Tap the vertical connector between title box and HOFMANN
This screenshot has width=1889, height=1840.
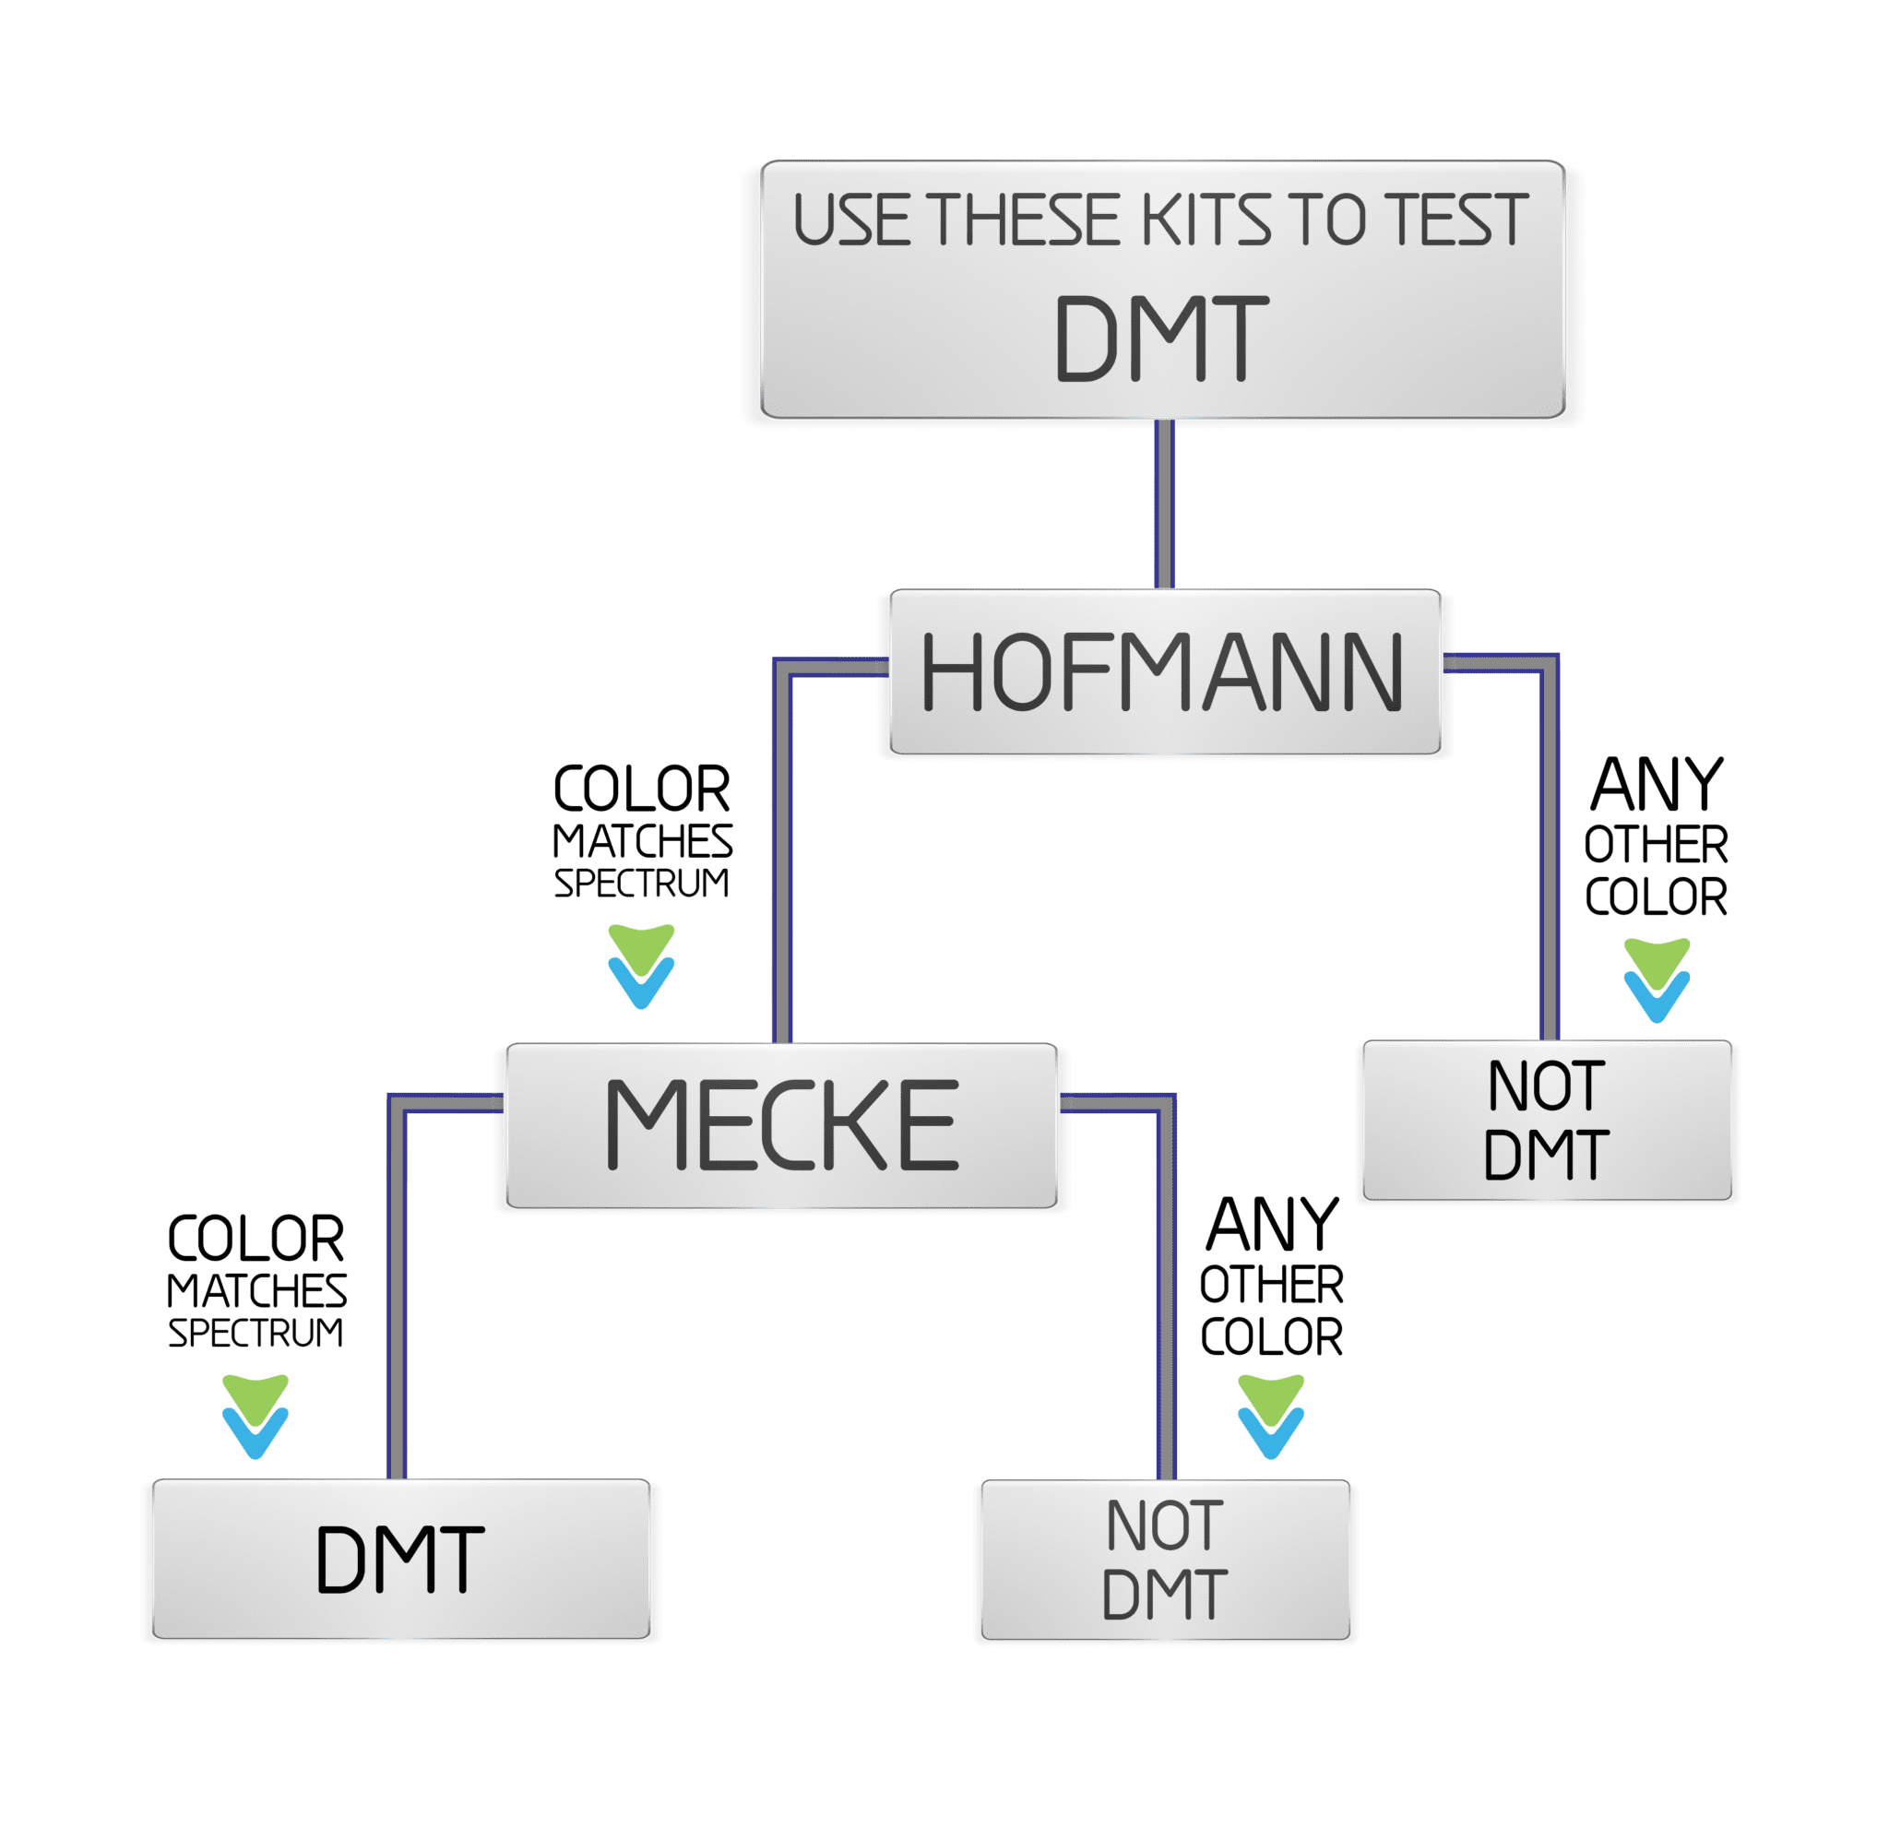[1163, 503]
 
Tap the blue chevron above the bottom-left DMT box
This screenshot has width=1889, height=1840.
[255, 1433]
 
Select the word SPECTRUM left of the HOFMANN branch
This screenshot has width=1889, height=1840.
[641, 883]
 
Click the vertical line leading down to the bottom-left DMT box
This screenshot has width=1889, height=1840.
[397, 1295]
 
